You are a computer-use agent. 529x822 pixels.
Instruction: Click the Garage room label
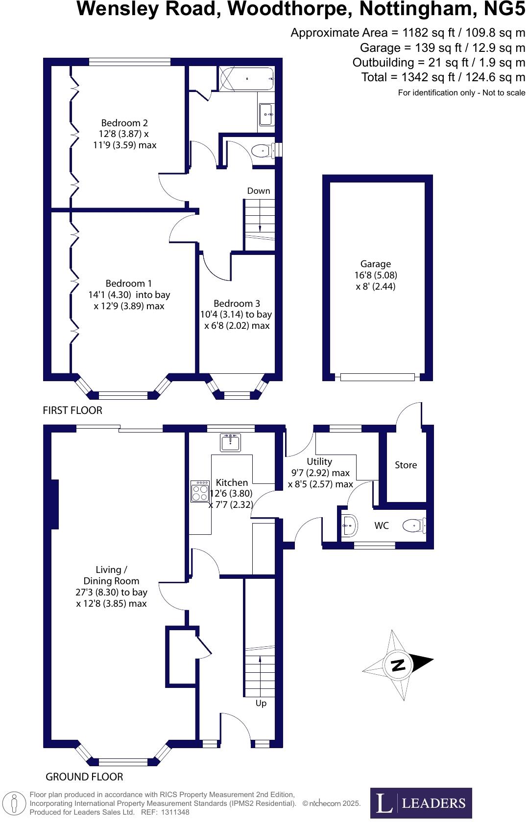[x=376, y=264]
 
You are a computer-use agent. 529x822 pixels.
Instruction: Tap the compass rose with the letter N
[x=398, y=665]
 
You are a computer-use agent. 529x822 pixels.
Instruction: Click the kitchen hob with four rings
[x=200, y=492]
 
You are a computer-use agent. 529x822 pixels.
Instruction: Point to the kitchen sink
[x=230, y=443]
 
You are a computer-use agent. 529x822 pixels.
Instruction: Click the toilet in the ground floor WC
[x=414, y=526]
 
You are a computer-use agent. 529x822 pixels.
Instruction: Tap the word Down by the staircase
[x=259, y=191]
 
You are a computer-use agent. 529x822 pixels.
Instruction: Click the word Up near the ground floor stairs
[x=261, y=703]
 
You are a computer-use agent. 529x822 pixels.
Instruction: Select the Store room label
[x=406, y=465]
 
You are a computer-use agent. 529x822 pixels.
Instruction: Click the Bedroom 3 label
[x=237, y=303]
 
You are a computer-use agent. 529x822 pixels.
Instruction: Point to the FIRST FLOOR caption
[x=72, y=411]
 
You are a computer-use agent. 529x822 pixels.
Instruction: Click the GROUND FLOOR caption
[x=84, y=777]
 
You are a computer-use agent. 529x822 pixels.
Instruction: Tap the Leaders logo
[x=421, y=802]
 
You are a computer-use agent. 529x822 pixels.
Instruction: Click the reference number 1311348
[x=172, y=812]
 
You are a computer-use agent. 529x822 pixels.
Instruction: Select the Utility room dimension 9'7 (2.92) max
[x=320, y=473]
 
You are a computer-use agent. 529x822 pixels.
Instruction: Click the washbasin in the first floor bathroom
[x=266, y=114]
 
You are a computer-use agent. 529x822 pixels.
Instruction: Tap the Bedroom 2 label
[x=124, y=123]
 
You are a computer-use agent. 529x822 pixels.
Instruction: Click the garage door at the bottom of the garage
[x=378, y=377]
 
